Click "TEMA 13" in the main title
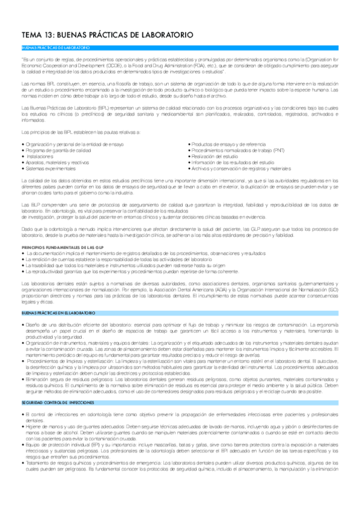pos(39,35)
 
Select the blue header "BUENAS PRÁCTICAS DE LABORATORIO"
pos(55,47)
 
